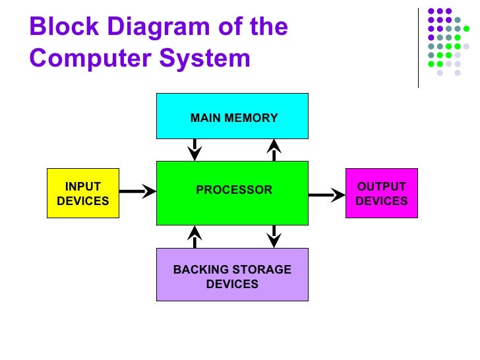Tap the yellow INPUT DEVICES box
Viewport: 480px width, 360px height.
[x=82, y=193]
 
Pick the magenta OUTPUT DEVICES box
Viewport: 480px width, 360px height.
[x=382, y=193]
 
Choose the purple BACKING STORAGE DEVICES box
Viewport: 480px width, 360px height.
[x=232, y=274]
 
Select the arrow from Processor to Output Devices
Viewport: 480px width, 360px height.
[x=326, y=195]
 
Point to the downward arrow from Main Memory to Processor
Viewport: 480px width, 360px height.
[x=195, y=150]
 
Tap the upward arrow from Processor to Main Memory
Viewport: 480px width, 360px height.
[x=274, y=150]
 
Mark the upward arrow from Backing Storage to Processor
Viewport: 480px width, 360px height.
[x=195, y=237]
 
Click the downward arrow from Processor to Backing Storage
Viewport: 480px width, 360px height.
[x=274, y=237]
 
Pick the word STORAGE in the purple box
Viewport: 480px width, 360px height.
[x=262, y=270]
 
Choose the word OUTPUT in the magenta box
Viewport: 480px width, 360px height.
[x=381, y=187]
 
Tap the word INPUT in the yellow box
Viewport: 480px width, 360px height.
[x=82, y=187]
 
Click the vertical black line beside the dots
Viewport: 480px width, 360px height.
[x=419, y=48]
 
